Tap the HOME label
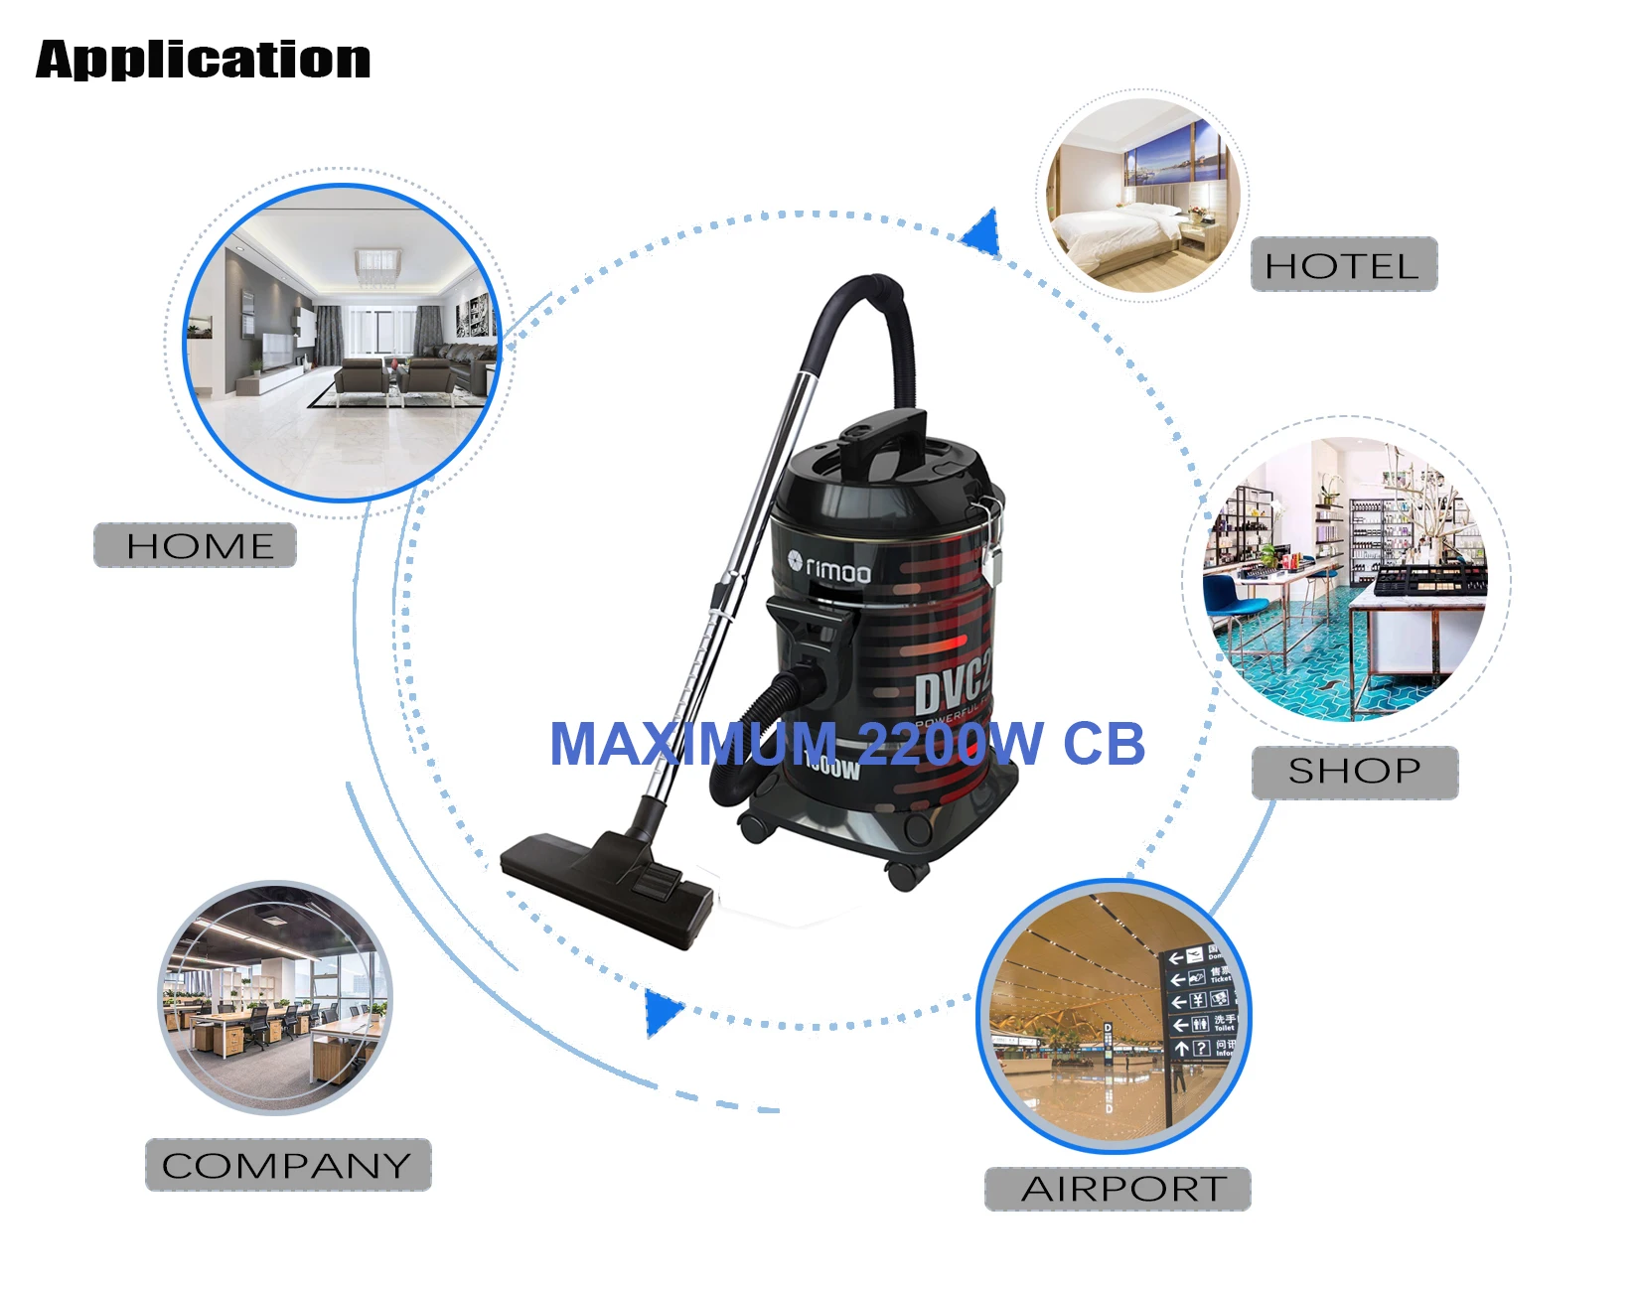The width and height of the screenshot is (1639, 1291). pyautogui.click(x=196, y=545)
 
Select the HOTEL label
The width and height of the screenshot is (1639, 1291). pyautogui.click(x=1343, y=265)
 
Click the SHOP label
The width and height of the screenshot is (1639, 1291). pyautogui.click(x=1354, y=772)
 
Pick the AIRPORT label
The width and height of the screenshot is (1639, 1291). pyautogui.click(x=1117, y=1189)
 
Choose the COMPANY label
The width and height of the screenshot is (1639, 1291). pyautogui.click(x=287, y=1165)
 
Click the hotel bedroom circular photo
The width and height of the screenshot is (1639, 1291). pyautogui.click(x=1142, y=196)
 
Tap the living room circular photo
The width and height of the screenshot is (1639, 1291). pyautogui.click(x=343, y=343)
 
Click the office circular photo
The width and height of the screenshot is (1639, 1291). pyautogui.click(x=275, y=998)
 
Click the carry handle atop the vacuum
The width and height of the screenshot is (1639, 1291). pyautogui.click(x=884, y=437)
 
